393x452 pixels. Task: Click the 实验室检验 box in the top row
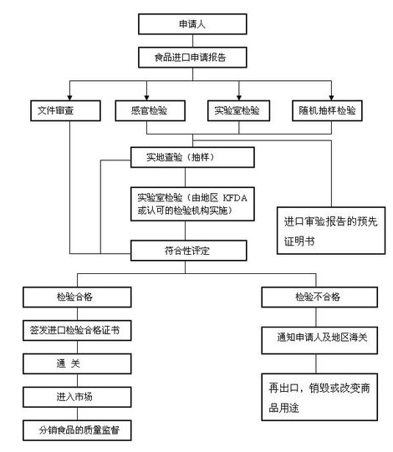coord(237,110)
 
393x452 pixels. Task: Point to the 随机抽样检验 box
coord(330,110)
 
